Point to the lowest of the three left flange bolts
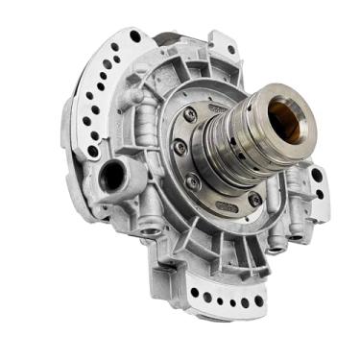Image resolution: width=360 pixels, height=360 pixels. click(192, 181)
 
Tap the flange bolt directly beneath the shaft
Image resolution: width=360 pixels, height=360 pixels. click(254, 199)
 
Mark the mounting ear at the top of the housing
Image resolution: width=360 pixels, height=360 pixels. click(223, 43)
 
